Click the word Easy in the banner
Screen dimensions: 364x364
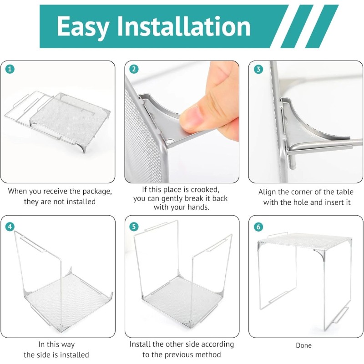click(x=82, y=27)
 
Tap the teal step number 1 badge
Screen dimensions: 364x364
click(x=10, y=69)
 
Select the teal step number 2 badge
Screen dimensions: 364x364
click(x=134, y=69)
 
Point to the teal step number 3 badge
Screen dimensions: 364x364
click(x=258, y=69)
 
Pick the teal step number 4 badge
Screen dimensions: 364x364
click(x=10, y=227)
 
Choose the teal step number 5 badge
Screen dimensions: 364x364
click(x=134, y=227)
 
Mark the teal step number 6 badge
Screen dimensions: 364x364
click(x=258, y=227)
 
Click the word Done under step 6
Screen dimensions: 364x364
click(x=303, y=345)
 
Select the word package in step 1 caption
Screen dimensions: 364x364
click(x=97, y=192)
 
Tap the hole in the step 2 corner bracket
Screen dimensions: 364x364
click(x=170, y=141)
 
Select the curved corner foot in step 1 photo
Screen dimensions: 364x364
click(x=85, y=147)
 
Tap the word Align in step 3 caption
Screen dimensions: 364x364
click(x=267, y=192)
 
